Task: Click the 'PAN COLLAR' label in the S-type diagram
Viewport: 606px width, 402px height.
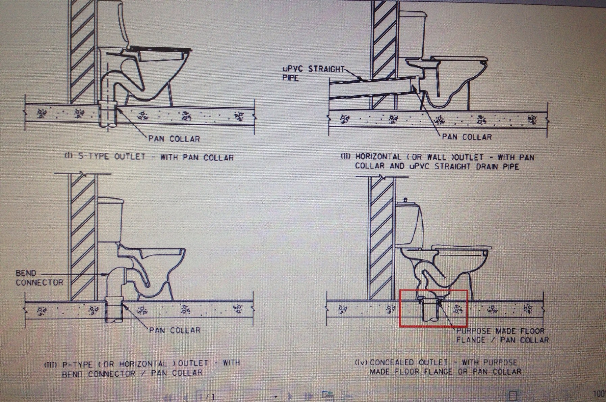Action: coord(174,139)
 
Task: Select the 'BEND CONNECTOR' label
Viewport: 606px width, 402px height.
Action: coord(39,278)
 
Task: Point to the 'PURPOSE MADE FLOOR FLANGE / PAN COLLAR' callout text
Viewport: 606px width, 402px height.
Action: coord(503,335)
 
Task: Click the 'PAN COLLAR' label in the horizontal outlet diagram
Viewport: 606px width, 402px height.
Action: coord(467,137)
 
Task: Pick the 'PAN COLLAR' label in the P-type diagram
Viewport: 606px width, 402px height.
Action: coord(175,330)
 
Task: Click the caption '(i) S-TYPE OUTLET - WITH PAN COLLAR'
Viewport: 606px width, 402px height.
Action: coord(149,157)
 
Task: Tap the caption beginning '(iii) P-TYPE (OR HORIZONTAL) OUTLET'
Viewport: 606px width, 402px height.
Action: coord(142,368)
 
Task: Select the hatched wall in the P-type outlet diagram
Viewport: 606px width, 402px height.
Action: coord(83,236)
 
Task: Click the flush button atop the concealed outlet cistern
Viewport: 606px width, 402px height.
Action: coord(405,200)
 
